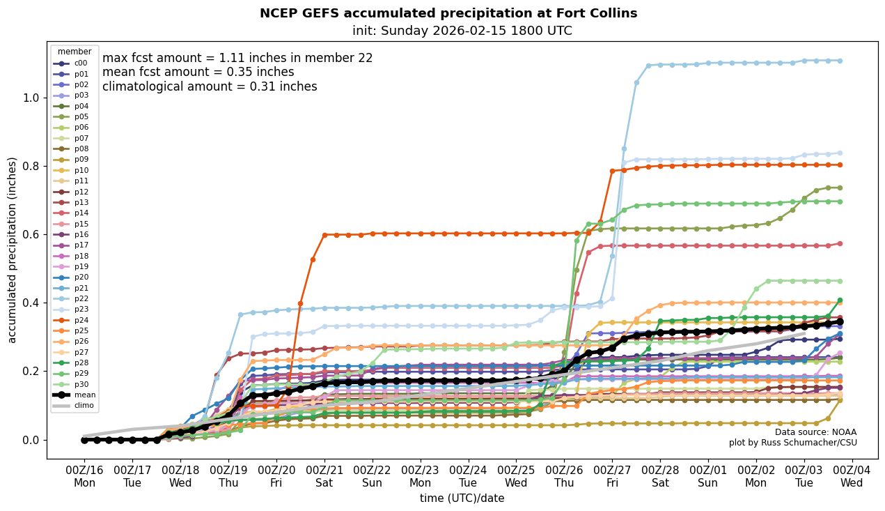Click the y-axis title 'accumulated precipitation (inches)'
point(12,250)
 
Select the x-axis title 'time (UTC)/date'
point(462,498)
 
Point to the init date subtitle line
point(462,31)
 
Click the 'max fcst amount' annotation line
point(237,58)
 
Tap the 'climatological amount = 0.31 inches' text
point(210,86)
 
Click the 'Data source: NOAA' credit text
point(815,432)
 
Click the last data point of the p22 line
point(840,61)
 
